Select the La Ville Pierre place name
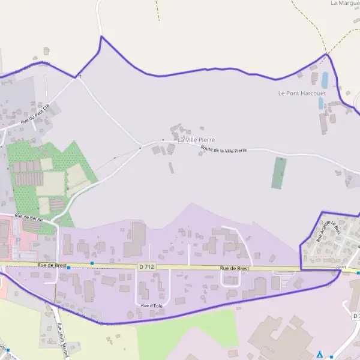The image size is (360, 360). pyautogui.click(x=196, y=140)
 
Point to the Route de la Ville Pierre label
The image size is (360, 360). pyautogui.click(x=224, y=151)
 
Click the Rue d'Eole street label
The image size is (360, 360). pyautogui.click(x=151, y=305)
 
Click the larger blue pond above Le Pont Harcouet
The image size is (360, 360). pyautogui.click(x=325, y=79)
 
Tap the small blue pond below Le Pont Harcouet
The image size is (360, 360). pyautogui.click(x=321, y=103)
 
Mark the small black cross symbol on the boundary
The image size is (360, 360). pyautogui.click(x=79, y=76)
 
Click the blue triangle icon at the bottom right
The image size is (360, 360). pyautogui.click(x=320, y=354)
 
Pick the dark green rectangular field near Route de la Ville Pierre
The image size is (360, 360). pyautogui.click(x=279, y=173)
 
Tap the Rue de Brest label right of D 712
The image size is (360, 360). pyautogui.click(x=234, y=268)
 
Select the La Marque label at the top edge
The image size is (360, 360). pyautogui.click(x=345, y=3)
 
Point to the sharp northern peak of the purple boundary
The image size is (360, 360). pyautogui.click(x=101, y=37)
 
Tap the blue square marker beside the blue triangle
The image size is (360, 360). pyautogui.click(x=331, y=357)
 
